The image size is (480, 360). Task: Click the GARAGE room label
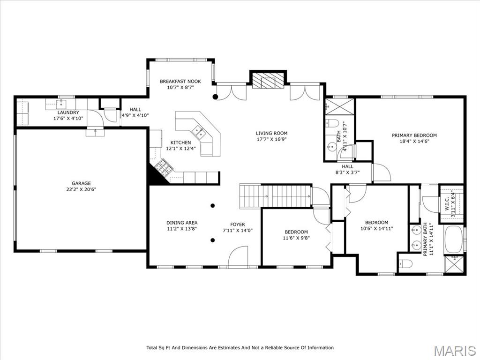pos(81,183)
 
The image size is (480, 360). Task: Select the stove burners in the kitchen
pos(164,167)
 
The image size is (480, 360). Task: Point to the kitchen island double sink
pos(198,132)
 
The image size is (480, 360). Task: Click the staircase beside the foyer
pos(275,196)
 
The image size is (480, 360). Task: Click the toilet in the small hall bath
pos(331,123)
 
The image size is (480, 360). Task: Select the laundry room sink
pos(61,104)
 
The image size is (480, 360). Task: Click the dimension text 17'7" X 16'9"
pos(271,139)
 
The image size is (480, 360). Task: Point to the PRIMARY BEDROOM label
pos(414,135)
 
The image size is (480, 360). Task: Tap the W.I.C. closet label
pos(447,203)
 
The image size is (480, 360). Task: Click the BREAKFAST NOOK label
pos(180,82)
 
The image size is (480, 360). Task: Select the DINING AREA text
pos(182,223)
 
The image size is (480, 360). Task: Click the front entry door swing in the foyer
pos(238,256)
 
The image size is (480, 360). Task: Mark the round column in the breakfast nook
pos(215,97)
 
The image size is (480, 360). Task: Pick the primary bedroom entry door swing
pos(381,172)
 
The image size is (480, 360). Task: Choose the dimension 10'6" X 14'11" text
pos(376,228)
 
